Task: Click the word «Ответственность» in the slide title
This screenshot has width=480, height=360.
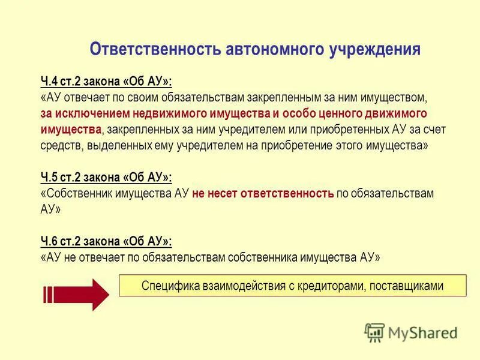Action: [x=155, y=49]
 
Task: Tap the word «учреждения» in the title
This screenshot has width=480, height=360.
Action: [x=375, y=49]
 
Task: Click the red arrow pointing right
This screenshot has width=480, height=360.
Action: [x=76, y=294]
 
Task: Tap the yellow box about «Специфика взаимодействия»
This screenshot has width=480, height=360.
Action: [x=292, y=286]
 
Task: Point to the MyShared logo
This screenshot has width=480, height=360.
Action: [x=411, y=332]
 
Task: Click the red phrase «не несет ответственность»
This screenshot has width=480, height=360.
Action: [x=263, y=194]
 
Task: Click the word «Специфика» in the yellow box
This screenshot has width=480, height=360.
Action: [x=164, y=286]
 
